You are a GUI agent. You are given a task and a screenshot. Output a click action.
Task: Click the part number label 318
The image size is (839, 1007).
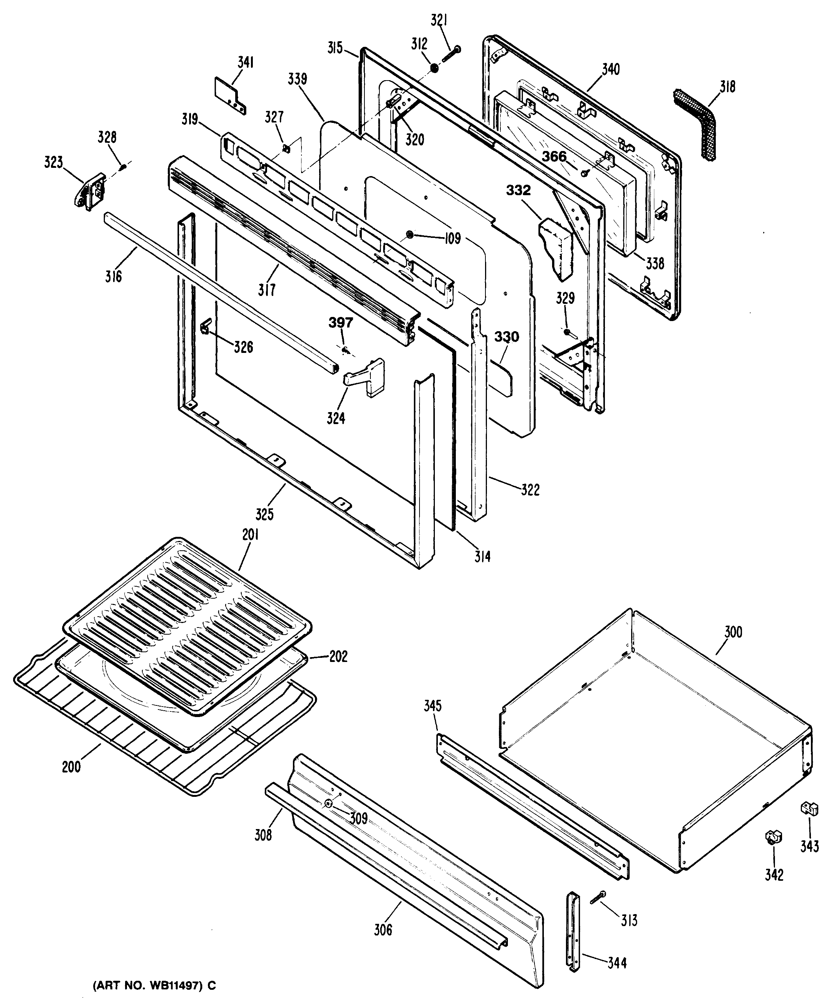[x=727, y=87]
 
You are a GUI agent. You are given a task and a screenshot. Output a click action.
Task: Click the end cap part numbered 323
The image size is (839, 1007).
[x=89, y=190]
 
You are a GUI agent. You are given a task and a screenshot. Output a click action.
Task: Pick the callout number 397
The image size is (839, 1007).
[x=340, y=322]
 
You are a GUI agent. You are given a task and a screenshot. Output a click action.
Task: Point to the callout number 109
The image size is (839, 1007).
[x=452, y=238]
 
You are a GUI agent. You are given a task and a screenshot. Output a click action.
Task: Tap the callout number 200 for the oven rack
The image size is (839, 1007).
[x=72, y=767]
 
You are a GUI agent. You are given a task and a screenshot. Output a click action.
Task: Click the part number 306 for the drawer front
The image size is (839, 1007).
[x=383, y=930]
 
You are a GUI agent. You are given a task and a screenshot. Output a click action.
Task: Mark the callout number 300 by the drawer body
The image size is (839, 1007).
[x=733, y=632]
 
